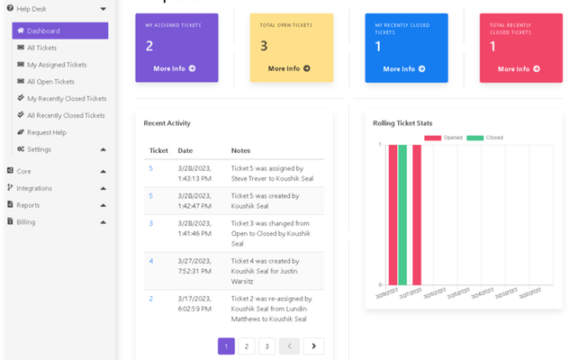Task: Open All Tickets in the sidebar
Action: point(42,48)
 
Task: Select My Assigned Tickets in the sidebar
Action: point(57,65)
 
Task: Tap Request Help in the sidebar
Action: point(47,132)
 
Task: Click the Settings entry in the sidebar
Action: point(40,149)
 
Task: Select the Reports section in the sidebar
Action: point(28,205)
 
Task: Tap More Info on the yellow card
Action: point(289,68)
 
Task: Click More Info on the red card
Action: point(519,68)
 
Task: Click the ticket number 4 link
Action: point(151,261)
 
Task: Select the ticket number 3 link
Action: point(151,223)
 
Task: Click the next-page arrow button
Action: point(313,346)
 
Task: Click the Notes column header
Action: point(240,150)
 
